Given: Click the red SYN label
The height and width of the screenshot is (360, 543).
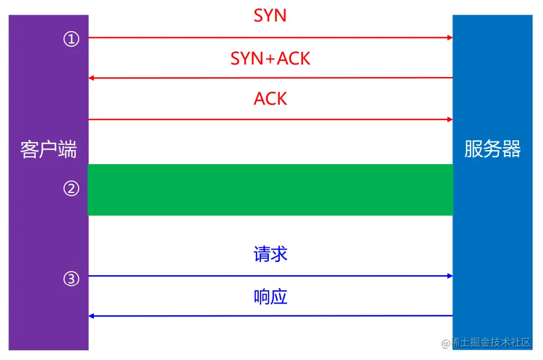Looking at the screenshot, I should (x=270, y=15).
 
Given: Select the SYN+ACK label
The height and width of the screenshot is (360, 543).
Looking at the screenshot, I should (x=270, y=58).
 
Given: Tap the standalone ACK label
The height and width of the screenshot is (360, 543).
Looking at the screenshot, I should (x=270, y=98).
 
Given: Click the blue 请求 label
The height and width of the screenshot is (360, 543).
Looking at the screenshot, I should (x=270, y=254).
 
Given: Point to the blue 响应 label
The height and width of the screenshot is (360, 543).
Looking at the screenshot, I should (x=270, y=296).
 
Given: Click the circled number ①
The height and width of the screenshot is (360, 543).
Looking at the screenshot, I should (x=71, y=40).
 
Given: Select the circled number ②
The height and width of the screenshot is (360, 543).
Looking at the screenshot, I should (x=71, y=189).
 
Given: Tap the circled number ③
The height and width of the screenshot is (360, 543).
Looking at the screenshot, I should (x=71, y=278).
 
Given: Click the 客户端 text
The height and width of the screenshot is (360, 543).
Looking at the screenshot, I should (x=48, y=149).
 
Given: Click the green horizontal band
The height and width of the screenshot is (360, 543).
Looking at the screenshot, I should (x=270, y=190).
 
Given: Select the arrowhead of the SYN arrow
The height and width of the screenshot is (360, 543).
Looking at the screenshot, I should (x=450, y=38).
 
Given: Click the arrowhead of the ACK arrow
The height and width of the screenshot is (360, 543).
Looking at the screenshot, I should (x=450, y=119).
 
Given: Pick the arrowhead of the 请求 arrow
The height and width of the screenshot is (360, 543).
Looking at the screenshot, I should (x=450, y=276).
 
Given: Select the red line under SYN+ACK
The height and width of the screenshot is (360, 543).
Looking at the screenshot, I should (x=270, y=78).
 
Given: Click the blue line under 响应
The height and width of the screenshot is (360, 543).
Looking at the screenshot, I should (x=270, y=316).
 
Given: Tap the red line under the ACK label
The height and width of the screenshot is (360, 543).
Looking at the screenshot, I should (x=270, y=119).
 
